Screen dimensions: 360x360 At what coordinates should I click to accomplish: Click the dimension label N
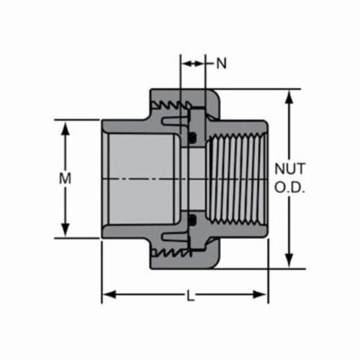pos(221,63)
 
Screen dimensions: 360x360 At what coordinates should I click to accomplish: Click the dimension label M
pos(65,179)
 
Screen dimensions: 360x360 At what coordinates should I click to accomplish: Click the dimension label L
pos(190,295)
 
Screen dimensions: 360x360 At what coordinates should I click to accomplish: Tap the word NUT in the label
pos(290,168)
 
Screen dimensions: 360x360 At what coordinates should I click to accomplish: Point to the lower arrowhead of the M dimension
pos(65,230)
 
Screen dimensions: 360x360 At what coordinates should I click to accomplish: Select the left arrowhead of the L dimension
pos(109,294)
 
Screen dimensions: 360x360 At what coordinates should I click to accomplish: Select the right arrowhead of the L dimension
pos(260,294)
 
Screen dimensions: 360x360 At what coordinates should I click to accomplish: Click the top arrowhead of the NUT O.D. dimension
pos(289,97)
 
